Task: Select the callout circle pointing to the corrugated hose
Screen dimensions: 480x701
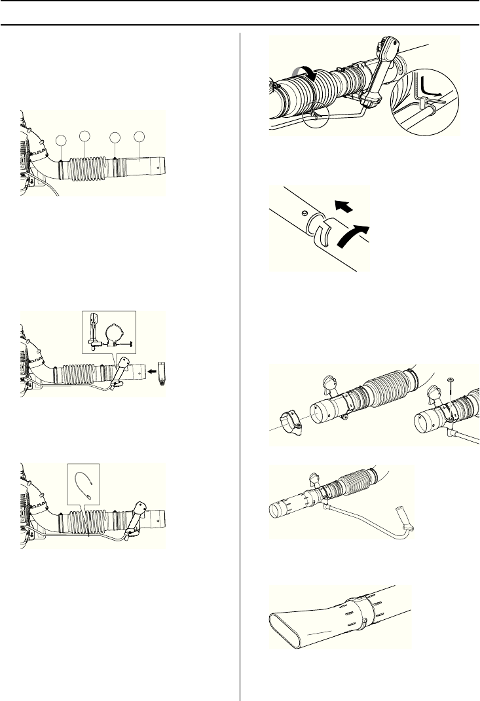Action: tap(85, 135)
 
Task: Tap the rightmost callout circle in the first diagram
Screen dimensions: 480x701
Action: tap(139, 136)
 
